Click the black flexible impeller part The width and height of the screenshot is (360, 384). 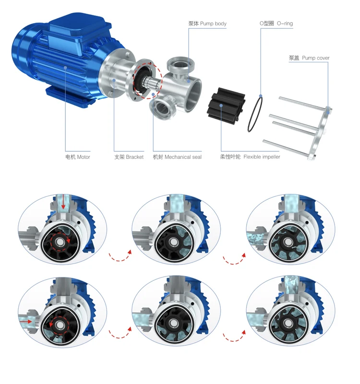[226, 105]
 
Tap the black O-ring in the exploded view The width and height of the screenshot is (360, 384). [255, 114]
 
